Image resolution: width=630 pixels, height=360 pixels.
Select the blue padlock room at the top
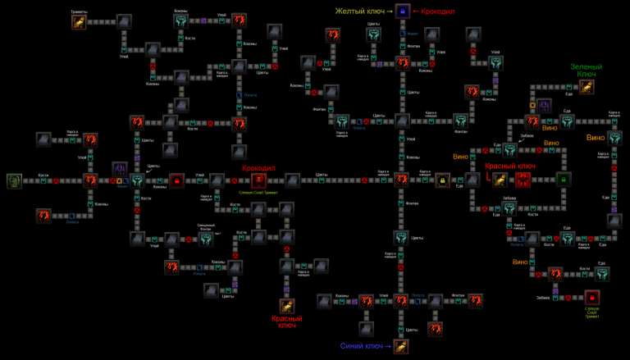[402, 11]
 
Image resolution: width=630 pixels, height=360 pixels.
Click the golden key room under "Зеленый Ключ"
[587, 87]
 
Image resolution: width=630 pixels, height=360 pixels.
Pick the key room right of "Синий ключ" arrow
[401, 347]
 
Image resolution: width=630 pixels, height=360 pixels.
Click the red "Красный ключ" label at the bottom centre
[288, 321]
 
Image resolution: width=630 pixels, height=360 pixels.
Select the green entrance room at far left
[15, 180]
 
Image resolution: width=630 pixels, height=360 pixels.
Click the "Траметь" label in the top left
[79, 11]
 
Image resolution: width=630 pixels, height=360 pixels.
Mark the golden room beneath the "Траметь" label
[78, 22]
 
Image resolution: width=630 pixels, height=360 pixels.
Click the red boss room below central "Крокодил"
[259, 180]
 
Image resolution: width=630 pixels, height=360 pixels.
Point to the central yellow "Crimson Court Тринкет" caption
[259, 194]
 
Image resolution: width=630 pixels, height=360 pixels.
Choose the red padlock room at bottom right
[592, 297]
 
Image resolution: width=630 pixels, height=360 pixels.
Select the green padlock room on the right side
[564, 180]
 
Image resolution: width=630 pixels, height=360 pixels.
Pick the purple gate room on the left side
[120, 170]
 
